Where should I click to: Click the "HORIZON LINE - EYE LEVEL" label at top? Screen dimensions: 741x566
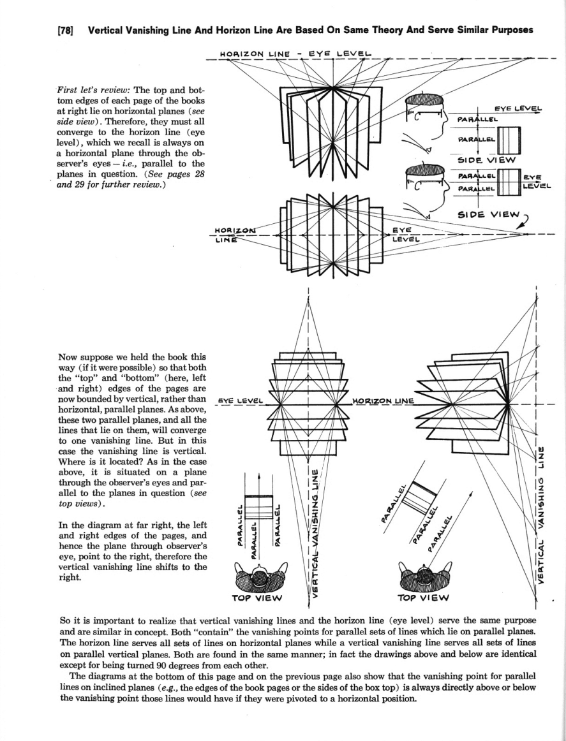tap(295, 54)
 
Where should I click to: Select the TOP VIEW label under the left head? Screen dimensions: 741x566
tap(259, 598)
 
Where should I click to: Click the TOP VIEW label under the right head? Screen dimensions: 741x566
tap(422, 598)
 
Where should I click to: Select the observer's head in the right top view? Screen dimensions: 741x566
tap(422, 575)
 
